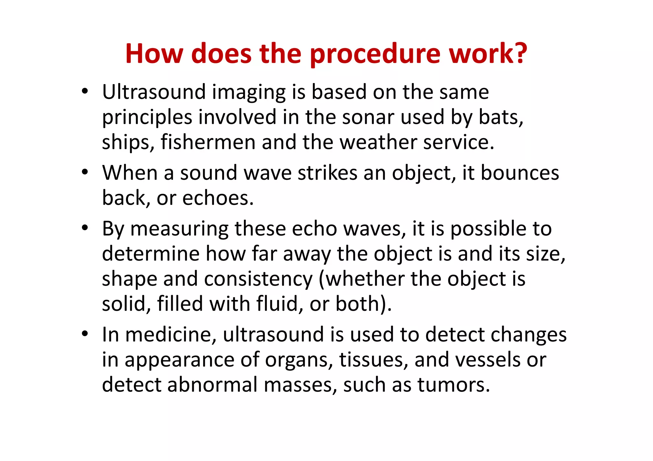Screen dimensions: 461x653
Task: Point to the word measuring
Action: (180, 230)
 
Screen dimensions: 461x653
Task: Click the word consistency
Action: (258, 279)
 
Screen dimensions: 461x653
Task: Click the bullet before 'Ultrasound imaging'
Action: (84, 92)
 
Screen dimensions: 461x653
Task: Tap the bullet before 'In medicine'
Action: (84, 334)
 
